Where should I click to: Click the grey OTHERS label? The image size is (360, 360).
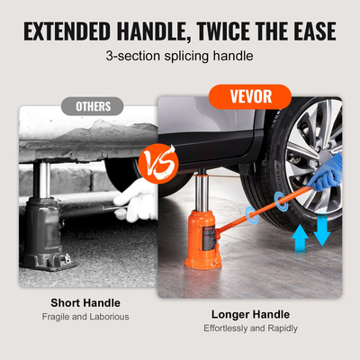click(x=94, y=106)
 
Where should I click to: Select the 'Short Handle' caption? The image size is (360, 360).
click(x=85, y=303)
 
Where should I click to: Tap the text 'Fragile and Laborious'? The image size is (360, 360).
click(x=85, y=317)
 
